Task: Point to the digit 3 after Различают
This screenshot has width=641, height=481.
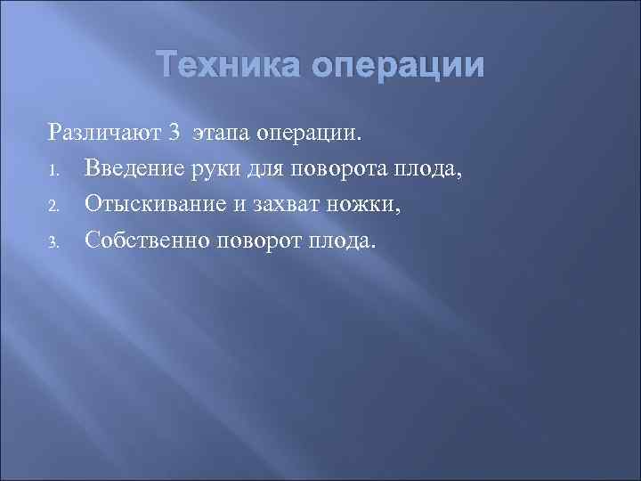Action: pos(174,134)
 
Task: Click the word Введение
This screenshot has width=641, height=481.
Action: pos(133,169)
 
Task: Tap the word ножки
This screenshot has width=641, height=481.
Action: pos(353,206)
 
